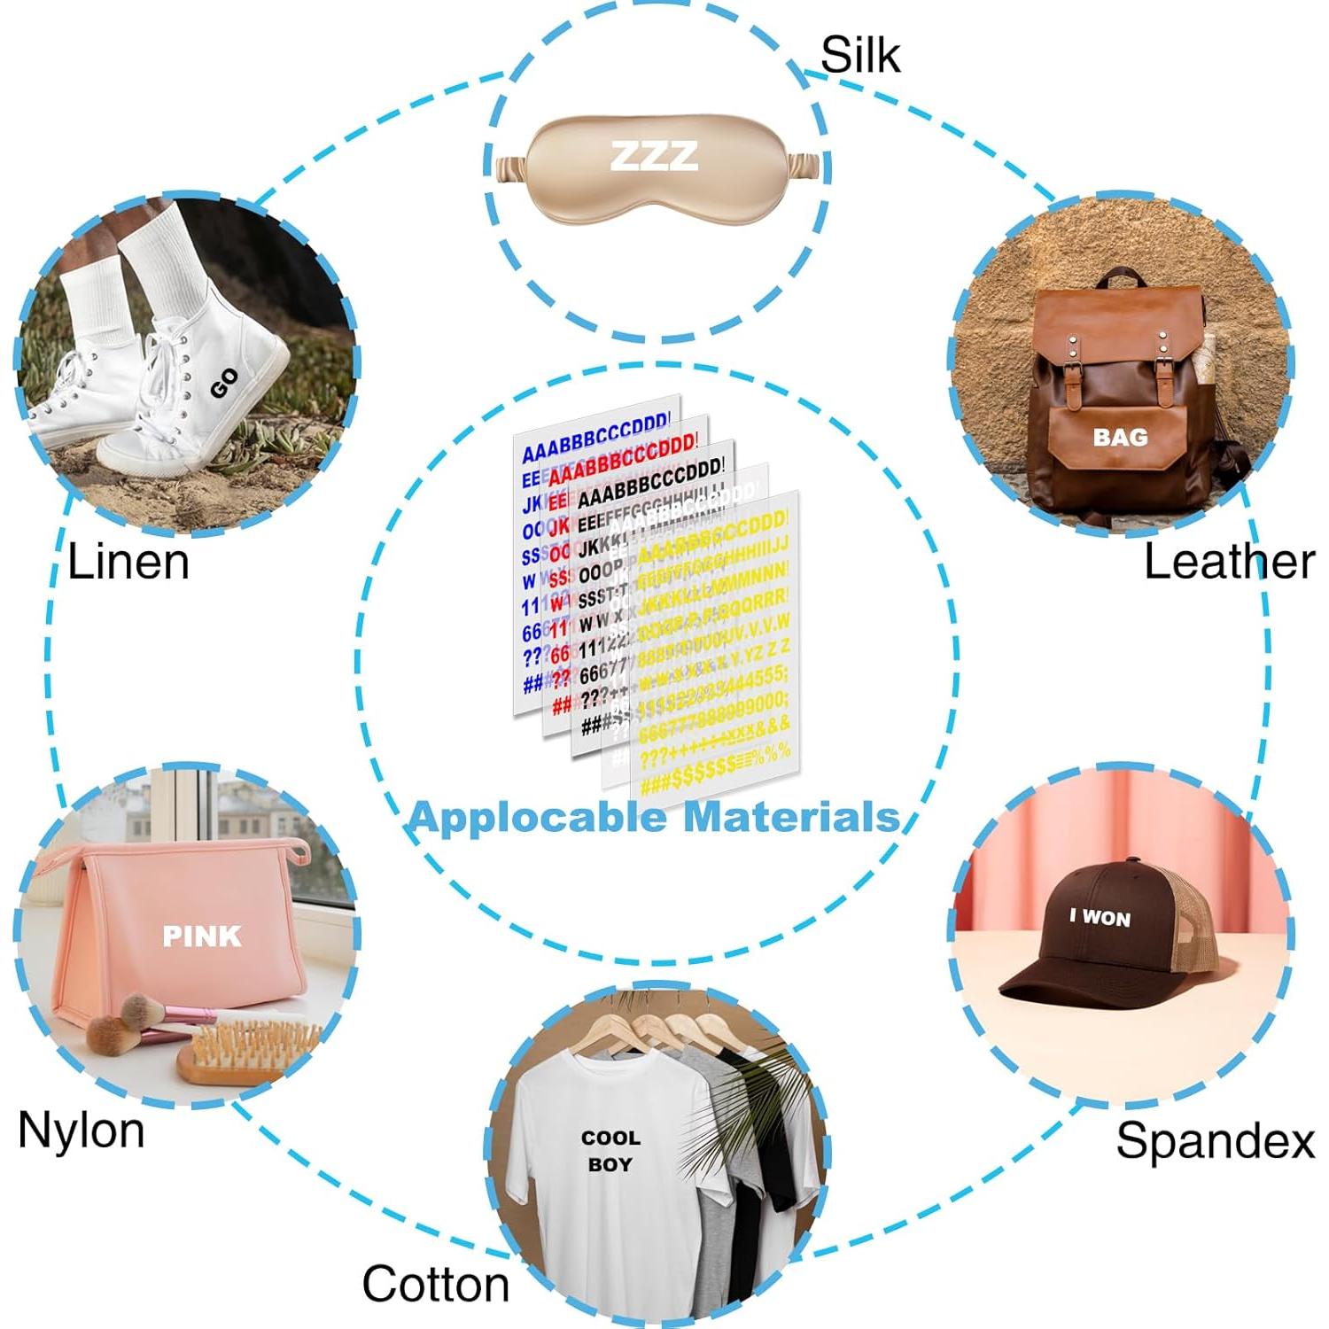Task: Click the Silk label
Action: coord(859,55)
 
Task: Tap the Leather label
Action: coord(1229,562)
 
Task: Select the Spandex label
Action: coord(1215,1139)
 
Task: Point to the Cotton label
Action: coord(435,1284)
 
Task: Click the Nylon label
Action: coord(81,1131)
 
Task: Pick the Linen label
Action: coord(128,562)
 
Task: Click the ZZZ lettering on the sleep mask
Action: coord(654,156)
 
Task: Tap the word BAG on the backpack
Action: coord(1120,437)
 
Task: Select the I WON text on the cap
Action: coord(1100,918)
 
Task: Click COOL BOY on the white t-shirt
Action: coord(610,1150)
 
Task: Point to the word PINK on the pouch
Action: coord(202,936)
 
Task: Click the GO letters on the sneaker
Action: coord(224,383)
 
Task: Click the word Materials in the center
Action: coord(791,817)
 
